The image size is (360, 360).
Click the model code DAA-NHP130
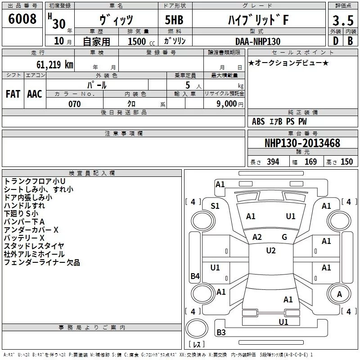point(257,41)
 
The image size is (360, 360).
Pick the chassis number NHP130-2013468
point(302,143)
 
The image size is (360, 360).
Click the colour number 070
point(74,104)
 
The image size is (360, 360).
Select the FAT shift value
point(13,94)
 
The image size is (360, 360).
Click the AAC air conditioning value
point(35,94)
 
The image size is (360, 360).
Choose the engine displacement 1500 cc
point(138,41)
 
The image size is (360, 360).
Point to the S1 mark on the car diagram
point(215,206)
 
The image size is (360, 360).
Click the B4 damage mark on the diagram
point(195,276)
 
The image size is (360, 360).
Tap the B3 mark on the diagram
point(221,333)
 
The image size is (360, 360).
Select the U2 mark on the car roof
point(271,251)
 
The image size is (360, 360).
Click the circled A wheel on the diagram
point(339,294)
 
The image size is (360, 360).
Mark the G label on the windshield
point(284,237)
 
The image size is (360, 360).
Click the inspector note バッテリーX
point(24,238)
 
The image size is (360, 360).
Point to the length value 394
point(273,162)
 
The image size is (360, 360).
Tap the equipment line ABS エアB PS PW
point(279,121)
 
